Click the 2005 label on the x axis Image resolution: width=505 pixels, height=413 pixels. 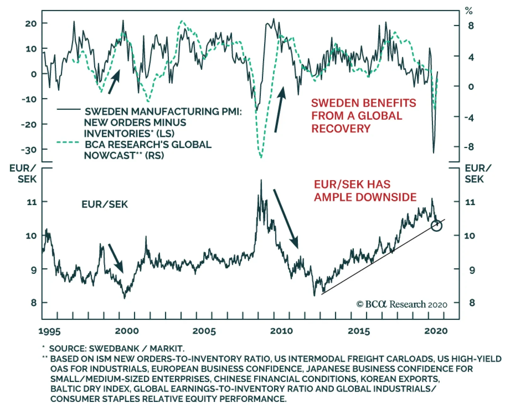tap(204, 331)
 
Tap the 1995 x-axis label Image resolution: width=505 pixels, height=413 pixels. tap(49, 331)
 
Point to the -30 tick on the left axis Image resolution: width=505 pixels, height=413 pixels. tap(29, 150)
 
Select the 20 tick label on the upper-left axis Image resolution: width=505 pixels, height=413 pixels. tap(31, 23)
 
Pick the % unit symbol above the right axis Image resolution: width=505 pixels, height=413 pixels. tap(469, 11)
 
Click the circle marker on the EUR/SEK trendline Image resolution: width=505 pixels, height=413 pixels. tap(437, 226)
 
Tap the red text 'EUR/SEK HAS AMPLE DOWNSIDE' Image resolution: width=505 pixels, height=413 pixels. tap(365, 191)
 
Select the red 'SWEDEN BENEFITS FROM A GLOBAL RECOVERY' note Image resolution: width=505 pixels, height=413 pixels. tap(363, 116)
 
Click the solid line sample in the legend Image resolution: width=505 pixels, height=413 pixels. tap(68, 109)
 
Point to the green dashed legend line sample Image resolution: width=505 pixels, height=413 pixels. tap(68, 142)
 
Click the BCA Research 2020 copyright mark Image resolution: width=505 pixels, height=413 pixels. tap(401, 304)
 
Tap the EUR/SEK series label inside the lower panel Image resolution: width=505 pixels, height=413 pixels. tap(105, 204)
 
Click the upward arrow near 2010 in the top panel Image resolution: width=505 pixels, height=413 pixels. tap(280, 109)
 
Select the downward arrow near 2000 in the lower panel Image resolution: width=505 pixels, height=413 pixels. tap(116, 258)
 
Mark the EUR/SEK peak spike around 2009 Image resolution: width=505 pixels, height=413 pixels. tap(261, 181)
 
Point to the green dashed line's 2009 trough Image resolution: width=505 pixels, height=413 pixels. tap(261, 156)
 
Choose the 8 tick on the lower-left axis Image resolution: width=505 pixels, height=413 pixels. tap(34, 303)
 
